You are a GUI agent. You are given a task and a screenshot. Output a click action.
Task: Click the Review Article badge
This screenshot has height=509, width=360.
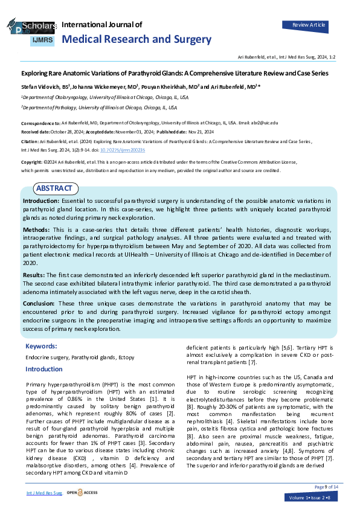click(x=309, y=25)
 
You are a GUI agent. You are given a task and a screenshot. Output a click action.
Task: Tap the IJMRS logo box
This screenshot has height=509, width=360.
click(x=42, y=40)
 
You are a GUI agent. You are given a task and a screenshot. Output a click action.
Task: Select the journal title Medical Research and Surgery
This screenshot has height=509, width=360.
click(x=137, y=39)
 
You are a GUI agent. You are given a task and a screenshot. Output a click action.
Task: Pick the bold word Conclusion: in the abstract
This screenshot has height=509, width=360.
click(x=39, y=303)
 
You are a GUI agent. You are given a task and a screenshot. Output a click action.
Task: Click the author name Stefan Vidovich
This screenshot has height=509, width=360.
click(x=39, y=86)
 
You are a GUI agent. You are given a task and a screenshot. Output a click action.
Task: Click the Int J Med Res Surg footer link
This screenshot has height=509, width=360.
click(x=44, y=493)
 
